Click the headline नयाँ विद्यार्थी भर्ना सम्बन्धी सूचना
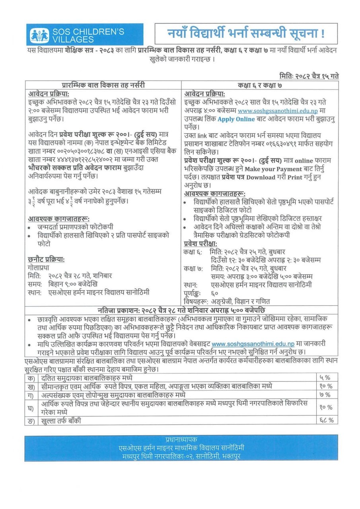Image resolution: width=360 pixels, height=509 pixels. [246, 33]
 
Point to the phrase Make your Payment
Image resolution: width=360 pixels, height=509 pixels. [277, 169]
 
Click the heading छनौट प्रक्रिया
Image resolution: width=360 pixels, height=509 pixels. [47, 259]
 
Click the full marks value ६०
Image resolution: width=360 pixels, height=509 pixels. [215, 293]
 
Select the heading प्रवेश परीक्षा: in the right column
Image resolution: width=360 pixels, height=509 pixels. [200, 243]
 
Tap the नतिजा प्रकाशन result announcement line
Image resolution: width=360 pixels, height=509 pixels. [181, 310]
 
